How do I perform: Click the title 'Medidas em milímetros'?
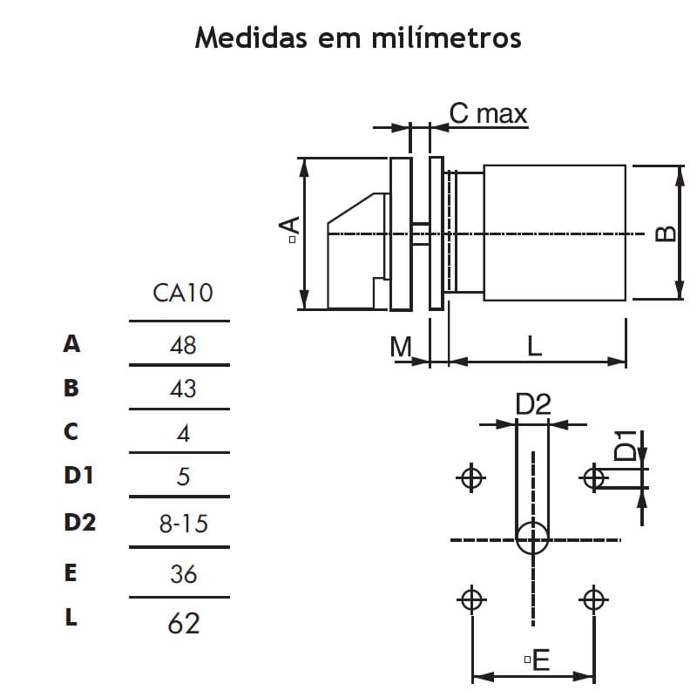coord(358,38)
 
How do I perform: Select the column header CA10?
coord(183,292)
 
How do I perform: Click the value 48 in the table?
coord(183,345)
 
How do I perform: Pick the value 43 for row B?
coord(183,389)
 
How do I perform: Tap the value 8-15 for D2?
coord(183,524)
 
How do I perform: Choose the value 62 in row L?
coord(183,623)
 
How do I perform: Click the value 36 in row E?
coord(183,574)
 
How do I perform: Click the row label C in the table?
coord(71,431)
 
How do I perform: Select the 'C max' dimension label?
coord(488,113)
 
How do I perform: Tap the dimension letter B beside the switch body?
coord(664,233)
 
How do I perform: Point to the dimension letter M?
coord(401,347)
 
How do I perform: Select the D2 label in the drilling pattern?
coord(532,404)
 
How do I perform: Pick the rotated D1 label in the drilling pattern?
coord(625,445)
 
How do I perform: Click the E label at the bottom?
coord(540,660)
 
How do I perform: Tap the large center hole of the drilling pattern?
coord(532,538)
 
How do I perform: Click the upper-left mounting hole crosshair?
coord(471,477)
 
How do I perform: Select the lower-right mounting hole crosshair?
coord(594,599)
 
